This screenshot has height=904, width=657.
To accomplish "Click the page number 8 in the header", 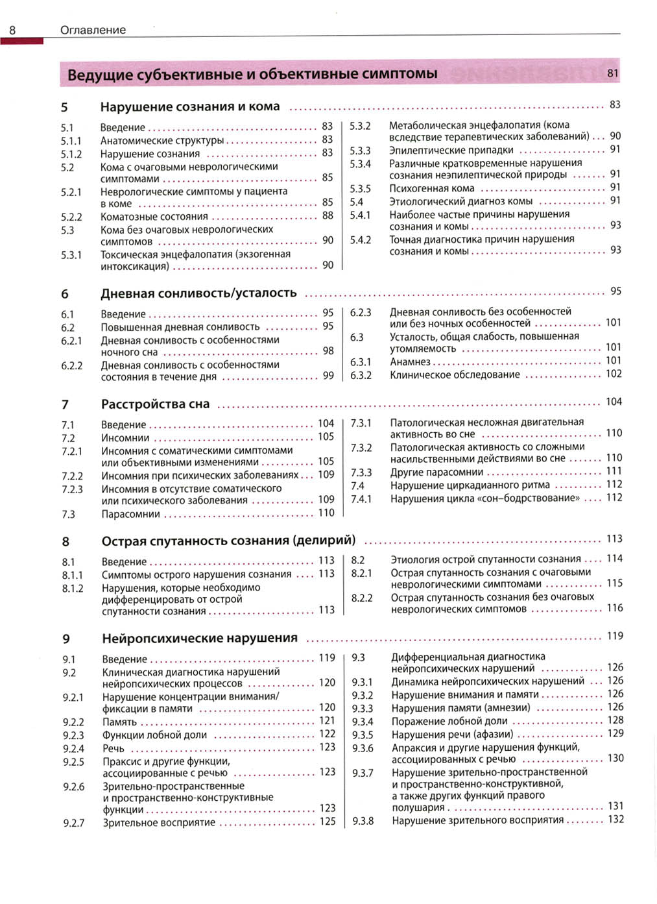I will [x=12, y=30].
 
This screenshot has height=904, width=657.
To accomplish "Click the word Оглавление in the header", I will [x=93, y=30].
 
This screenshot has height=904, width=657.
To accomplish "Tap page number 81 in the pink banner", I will [x=612, y=73].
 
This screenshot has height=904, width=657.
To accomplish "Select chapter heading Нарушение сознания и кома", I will [x=190, y=106].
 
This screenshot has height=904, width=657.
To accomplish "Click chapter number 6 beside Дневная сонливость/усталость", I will [x=65, y=294].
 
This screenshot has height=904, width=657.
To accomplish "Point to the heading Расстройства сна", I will [x=155, y=404].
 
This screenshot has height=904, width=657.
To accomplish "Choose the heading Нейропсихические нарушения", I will [x=200, y=638].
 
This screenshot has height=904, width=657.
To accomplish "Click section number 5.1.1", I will [x=71, y=141].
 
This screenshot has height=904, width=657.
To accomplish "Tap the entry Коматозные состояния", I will [x=154, y=217].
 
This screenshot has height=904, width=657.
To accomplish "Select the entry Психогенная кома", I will [x=431, y=188].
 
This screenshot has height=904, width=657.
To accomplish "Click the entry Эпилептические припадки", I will [x=451, y=150].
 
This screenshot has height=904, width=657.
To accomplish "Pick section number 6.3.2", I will [x=361, y=375].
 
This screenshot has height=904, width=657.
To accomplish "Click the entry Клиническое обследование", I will [x=455, y=374].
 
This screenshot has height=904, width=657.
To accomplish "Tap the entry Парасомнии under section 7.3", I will [x=130, y=514].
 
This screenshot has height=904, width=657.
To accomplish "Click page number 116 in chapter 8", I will [x=614, y=608].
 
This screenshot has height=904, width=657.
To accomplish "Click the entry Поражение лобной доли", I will [x=449, y=721].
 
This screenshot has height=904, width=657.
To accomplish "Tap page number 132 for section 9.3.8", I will [x=615, y=820].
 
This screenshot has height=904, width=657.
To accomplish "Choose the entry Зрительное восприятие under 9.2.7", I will [x=159, y=822].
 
